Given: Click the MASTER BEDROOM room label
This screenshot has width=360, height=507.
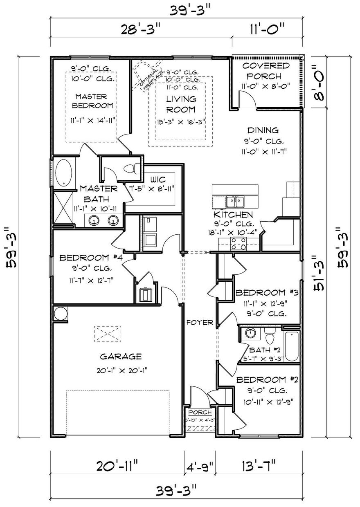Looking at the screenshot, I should coord(91,101).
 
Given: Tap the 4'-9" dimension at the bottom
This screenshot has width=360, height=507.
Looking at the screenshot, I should coord(199,466).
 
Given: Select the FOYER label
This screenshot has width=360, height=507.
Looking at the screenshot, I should coord(199,322).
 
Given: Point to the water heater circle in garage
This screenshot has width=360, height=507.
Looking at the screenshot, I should coord(59,314).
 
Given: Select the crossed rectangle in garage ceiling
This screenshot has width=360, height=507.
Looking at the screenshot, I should coord(108,334).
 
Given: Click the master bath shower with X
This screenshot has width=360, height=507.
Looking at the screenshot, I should coord(64,208).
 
